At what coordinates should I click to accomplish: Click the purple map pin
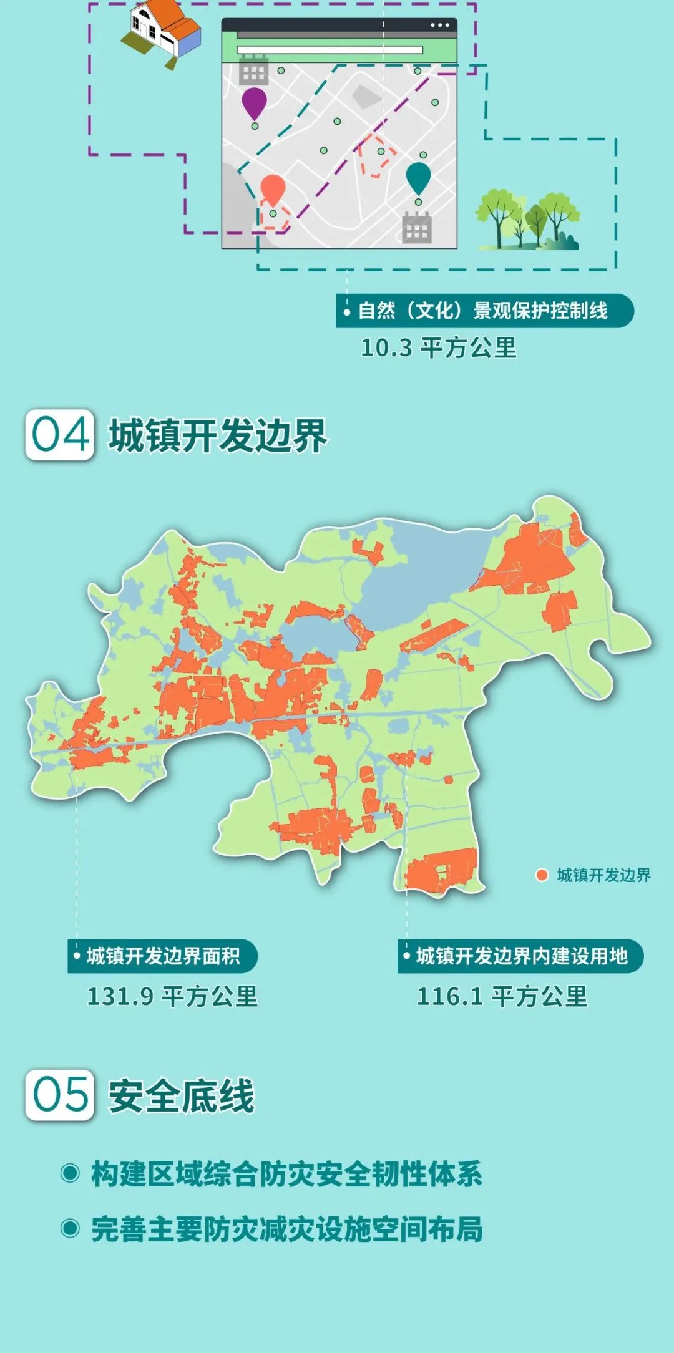(x=254, y=102)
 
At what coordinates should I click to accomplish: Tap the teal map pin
(x=418, y=177)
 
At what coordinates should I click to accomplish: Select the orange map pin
(x=273, y=188)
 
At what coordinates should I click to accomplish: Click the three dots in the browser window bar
(x=439, y=26)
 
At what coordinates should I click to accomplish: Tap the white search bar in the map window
(x=330, y=50)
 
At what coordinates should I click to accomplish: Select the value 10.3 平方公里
(x=439, y=348)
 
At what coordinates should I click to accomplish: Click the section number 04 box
(x=60, y=435)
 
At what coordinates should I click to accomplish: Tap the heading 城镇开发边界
(x=218, y=435)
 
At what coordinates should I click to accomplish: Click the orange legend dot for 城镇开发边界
(x=542, y=875)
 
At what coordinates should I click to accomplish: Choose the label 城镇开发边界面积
(x=163, y=956)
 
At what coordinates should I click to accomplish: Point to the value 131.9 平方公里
(x=172, y=996)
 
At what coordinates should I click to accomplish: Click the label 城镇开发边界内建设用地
(x=521, y=956)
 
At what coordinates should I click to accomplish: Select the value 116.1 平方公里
(x=502, y=996)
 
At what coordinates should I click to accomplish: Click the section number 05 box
(x=60, y=1095)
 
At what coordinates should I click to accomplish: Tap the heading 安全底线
(x=182, y=1096)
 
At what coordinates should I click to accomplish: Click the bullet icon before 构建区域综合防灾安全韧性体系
(x=70, y=1173)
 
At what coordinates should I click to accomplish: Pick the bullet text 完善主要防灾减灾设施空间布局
(x=287, y=1229)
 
